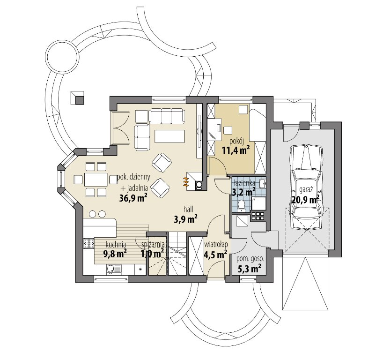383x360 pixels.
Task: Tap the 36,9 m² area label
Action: [x=133, y=198]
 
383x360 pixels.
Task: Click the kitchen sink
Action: [x=114, y=270]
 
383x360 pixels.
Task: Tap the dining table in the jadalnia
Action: [x=96, y=180]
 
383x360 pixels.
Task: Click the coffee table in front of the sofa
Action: [x=169, y=136]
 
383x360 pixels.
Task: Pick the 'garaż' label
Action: [x=305, y=189]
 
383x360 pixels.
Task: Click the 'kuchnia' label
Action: [x=116, y=244]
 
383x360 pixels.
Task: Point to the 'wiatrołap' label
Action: [x=216, y=244]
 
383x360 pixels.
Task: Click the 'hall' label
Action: [x=189, y=209]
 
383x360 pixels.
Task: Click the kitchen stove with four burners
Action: [x=89, y=243]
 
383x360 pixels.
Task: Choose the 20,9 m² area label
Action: [x=305, y=200]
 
